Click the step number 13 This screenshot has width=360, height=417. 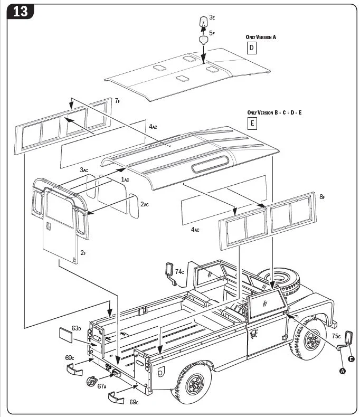[20, 12]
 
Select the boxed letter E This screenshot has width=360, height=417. [252, 124]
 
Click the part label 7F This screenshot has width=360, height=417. [118, 100]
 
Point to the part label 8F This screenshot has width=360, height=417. [322, 197]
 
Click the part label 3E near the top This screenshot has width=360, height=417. [212, 17]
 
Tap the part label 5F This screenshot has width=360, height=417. [212, 33]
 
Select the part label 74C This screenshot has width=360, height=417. [180, 271]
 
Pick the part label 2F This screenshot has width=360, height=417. [83, 253]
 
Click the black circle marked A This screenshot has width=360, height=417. [342, 371]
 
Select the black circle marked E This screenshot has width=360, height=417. [352, 359]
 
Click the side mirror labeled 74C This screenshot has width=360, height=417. [169, 270]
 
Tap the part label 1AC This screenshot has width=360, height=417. [125, 179]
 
